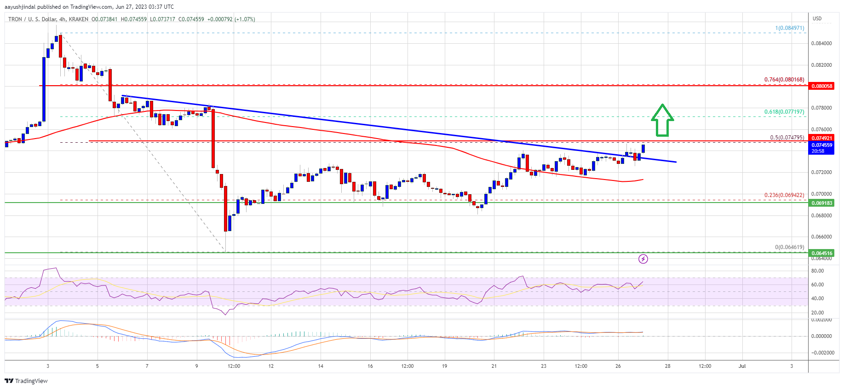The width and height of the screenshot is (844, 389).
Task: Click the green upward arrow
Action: tap(662, 120)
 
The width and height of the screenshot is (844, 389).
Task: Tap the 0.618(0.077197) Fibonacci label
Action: tap(784, 112)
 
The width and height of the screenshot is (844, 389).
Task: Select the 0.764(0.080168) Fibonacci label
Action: tap(784, 80)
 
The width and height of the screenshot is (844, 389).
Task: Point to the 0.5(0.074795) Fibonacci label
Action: tap(787, 138)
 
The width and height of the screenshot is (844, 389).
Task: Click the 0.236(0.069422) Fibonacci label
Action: tap(784, 195)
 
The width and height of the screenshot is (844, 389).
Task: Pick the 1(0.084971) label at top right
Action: tap(790, 28)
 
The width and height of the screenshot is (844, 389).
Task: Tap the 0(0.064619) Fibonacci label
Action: tap(790, 247)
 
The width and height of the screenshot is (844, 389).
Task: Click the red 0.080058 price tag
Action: tap(821, 86)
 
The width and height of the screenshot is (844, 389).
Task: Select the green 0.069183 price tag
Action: tap(821, 203)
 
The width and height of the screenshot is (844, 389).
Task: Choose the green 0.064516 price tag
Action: tap(821, 253)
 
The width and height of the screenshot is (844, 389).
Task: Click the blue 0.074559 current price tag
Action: tap(821, 145)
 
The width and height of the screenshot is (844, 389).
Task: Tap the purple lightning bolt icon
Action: tap(643, 259)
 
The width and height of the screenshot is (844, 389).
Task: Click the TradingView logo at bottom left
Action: tap(26, 381)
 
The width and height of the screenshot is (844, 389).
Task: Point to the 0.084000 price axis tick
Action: tap(821, 43)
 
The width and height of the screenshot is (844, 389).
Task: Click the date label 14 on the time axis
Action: tap(321, 366)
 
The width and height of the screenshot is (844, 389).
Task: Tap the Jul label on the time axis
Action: tap(742, 366)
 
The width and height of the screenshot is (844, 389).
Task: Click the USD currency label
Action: tap(817, 19)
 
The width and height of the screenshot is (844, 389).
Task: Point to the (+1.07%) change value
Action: tap(245, 19)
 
